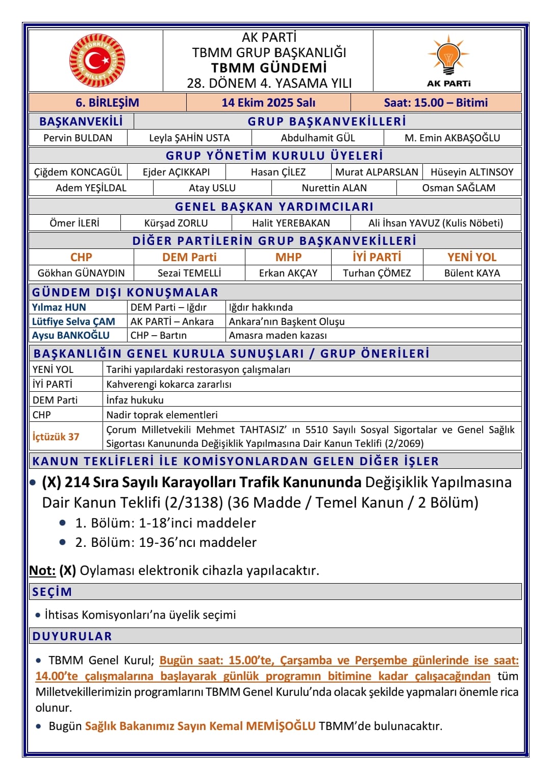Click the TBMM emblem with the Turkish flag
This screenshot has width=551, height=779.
pos(97,61)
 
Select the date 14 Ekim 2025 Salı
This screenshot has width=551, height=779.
pos(268,103)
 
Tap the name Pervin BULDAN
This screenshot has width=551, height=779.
pos(78,138)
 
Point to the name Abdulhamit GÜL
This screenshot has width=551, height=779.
pos(317,138)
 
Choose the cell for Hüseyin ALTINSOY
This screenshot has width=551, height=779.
pos(472,172)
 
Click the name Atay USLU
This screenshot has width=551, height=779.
pos(212,188)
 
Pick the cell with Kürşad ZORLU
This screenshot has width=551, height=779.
pos(176,223)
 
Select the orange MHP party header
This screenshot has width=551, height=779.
pos(288,257)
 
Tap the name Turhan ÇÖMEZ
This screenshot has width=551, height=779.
pos(377,273)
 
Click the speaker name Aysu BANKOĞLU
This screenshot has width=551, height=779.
pos(71,335)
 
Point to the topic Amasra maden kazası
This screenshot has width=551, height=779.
pos(278,335)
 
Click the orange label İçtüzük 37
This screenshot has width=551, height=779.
pos(56,437)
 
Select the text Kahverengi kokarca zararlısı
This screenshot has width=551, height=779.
pos(169,384)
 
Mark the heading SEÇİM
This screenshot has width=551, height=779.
pos(52,592)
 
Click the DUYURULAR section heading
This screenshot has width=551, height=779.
pos(72,636)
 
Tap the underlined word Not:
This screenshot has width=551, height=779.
pos(42,570)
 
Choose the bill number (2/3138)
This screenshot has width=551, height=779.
pos(193,502)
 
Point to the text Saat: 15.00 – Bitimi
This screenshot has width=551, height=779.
pos(436,103)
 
